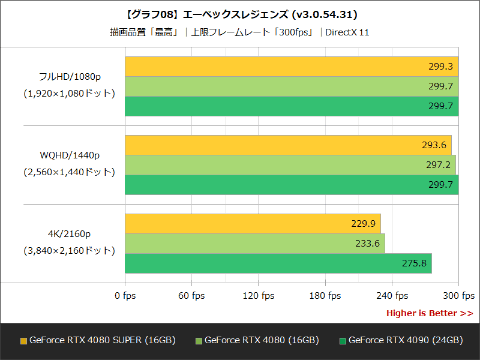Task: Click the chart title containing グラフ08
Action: coord(239,15)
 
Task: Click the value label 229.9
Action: coord(363,223)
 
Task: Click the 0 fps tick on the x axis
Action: coord(125,296)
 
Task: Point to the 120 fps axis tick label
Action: coord(258,296)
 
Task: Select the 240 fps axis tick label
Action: coord(391,296)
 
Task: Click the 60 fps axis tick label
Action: coord(191,296)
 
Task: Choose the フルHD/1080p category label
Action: coord(64,77)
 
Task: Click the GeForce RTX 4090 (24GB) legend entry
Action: coord(404,339)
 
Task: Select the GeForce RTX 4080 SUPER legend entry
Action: coord(90,339)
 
